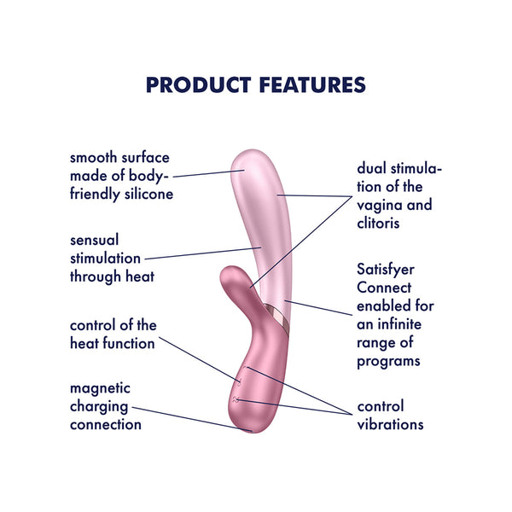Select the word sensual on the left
[x=95, y=239]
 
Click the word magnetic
[x=100, y=388]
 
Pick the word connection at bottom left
[x=106, y=424]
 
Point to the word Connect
[x=382, y=288]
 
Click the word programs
[x=388, y=362]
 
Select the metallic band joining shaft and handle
[x=277, y=316]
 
